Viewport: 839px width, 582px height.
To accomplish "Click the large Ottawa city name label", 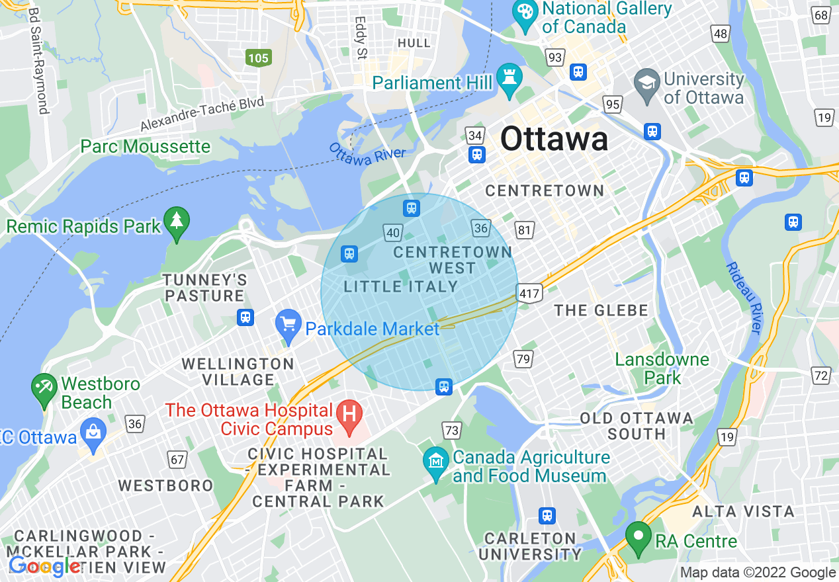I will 554,140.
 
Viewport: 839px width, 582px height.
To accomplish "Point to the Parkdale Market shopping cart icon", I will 288,325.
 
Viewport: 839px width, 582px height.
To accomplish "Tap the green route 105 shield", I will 258,58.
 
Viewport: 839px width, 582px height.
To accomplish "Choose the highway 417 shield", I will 531,293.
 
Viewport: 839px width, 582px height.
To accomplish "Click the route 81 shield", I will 525,230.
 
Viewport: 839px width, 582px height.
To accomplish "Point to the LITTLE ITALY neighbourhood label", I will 401,286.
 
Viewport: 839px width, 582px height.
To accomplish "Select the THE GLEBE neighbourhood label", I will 601,310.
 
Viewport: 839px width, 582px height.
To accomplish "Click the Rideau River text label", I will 744,298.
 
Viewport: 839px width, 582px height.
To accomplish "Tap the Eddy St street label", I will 361,38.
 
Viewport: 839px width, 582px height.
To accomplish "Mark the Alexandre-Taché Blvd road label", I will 202,114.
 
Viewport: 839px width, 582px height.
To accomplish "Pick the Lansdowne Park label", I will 662,368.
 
